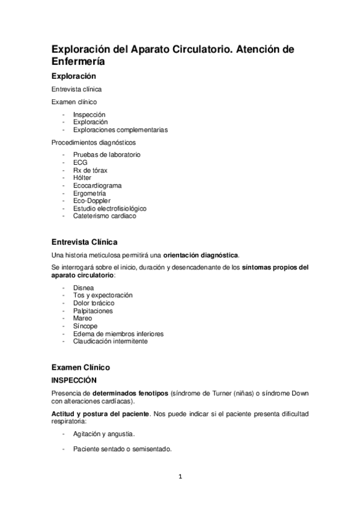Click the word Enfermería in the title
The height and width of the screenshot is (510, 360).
coord(78,61)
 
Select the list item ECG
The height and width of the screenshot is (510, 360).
coord(81,162)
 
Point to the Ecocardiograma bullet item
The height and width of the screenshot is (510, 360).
coord(97,186)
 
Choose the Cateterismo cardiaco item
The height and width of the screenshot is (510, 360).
coord(105,216)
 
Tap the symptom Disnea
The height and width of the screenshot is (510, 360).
coord(84,287)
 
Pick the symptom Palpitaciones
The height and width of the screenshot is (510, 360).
coord(93,311)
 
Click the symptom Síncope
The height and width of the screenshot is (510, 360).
coord(85,326)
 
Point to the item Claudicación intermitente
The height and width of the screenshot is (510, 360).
coord(111,341)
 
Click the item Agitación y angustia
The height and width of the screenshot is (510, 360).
coord(104,434)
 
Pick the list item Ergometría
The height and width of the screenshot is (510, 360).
coord(90,194)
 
